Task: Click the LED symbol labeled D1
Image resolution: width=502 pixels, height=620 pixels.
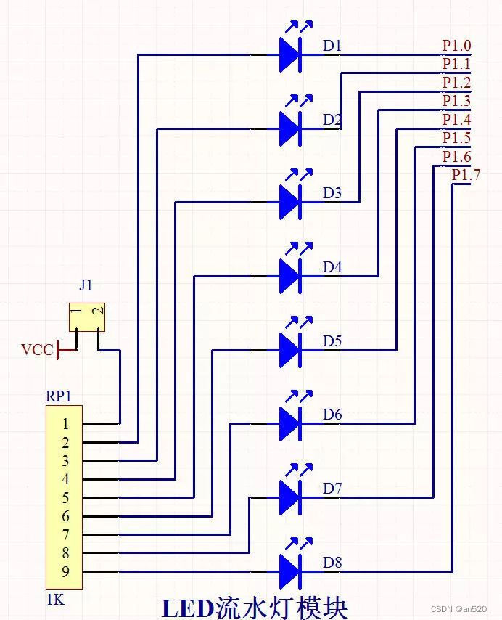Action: [x=290, y=55]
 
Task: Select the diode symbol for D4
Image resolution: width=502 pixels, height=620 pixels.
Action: [x=290, y=276]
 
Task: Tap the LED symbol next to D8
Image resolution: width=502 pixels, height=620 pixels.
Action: [x=290, y=571]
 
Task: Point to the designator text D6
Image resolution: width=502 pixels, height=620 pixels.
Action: [x=332, y=415]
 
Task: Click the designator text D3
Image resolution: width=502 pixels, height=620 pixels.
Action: [x=332, y=193]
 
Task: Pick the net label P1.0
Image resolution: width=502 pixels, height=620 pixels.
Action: [x=456, y=46]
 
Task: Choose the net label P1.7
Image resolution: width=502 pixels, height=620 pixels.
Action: [x=466, y=175]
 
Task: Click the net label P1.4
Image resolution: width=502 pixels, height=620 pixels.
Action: [x=456, y=120]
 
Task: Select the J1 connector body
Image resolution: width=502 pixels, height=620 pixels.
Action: [x=87, y=317]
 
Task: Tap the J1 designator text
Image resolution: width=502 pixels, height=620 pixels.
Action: [x=86, y=285]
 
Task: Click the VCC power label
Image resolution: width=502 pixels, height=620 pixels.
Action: [x=37, y=351]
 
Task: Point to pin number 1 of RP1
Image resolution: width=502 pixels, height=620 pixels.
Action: [x=65, y=423]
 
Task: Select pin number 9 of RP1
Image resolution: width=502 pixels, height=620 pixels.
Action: [x=65, y=572]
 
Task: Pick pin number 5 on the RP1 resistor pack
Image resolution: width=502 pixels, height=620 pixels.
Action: [x=65, y=498]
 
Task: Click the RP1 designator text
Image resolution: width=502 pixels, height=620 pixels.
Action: [x=59, y=396]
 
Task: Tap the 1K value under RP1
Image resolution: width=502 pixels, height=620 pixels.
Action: [x=55, y=600]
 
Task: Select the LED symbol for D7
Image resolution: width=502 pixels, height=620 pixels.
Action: [x=290, y=497]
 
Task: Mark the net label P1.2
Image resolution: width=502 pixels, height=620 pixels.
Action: [x=456, y=83]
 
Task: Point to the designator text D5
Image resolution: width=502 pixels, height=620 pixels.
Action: [x=332, y=340]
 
